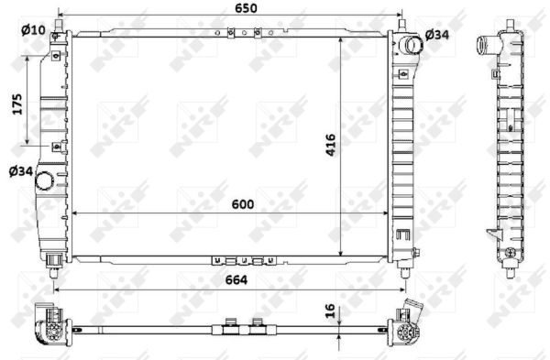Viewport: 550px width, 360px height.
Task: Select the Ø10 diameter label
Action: pos(32,30)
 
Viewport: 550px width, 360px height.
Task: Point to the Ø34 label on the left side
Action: pos(21,169)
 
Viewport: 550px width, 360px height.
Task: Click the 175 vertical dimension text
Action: pos(16,105)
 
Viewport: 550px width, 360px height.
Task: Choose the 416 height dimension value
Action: pos(331,146)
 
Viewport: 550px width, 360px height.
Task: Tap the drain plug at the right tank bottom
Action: pos(415,253)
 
